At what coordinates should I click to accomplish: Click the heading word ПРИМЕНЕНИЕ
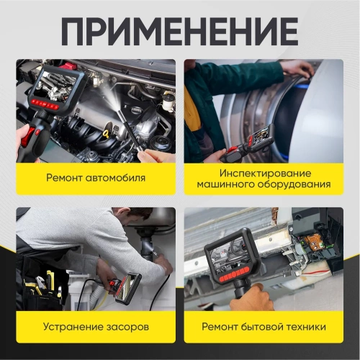pyautogui.click(x=179, y=30)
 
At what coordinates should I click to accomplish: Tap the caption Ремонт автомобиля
pyautogui.click(x=95, y=177)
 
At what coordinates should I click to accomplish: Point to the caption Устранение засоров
pyautogui.click(x=95, y=326)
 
